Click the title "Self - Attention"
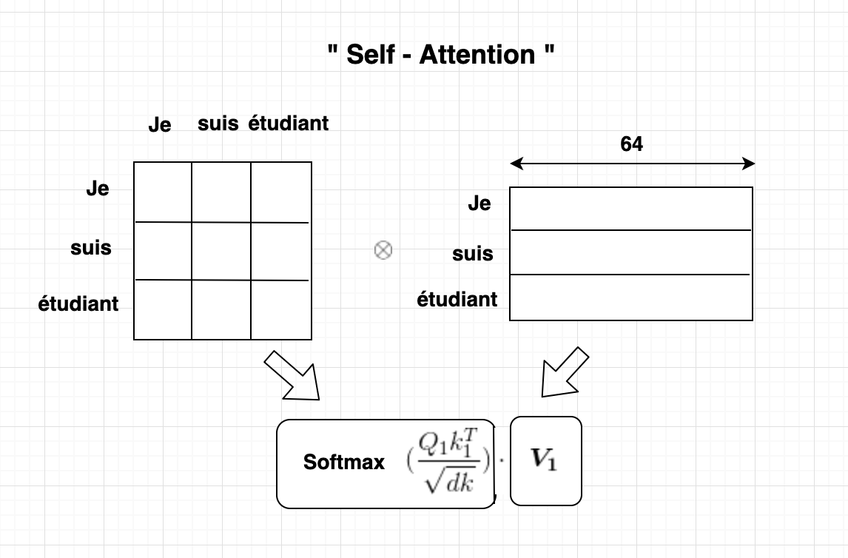coord(441,55)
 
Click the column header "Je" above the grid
coord(160,125)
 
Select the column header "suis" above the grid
coord(218,124)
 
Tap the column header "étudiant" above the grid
coord(289,124)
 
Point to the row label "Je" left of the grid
coord(98,189)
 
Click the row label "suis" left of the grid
coord(91,247)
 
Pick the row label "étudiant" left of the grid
coord(78,303)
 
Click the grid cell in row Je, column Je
coord(163,192)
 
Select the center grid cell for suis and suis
coord(221,251)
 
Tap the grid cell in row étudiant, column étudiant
coord(280,309)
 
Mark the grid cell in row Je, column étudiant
coord(280,192)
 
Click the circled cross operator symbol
coord(383,251)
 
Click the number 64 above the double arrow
coord(631,144)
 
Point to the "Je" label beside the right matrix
coord(479,204)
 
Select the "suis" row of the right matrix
coord(631,252)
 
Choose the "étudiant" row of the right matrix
coord(631,297)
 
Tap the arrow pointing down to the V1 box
coord(564,373)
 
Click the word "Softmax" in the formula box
coord(344,463)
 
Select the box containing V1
coord(546,460)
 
